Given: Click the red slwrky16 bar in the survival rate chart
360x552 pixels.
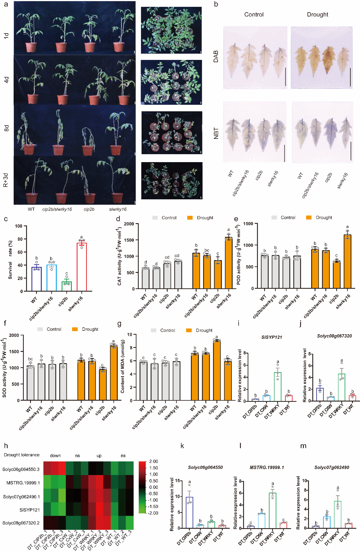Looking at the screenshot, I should (82, 267).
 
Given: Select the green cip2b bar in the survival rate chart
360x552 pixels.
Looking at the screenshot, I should (67, 286).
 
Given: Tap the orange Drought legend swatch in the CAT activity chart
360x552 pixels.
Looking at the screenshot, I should (190, 218).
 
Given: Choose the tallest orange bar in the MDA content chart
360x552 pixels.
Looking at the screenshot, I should (217, 370).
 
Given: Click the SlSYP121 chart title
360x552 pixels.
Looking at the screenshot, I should (271, 337).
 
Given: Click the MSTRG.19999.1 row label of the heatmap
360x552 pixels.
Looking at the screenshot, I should (23, 483).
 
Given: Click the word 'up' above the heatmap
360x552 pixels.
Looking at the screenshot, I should (99, 456).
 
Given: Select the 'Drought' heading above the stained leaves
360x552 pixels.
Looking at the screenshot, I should (317, 14).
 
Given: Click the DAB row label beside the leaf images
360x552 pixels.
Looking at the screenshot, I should (216, 57).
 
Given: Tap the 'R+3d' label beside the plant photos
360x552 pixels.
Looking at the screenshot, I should (6, 180).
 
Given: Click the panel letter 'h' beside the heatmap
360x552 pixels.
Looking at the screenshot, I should (6, 446).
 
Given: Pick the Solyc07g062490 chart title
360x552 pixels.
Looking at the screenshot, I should (332, 467).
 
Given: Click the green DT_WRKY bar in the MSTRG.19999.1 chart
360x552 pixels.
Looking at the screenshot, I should (273, 510).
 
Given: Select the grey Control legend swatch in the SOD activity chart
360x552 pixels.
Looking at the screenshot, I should (40, 329).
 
